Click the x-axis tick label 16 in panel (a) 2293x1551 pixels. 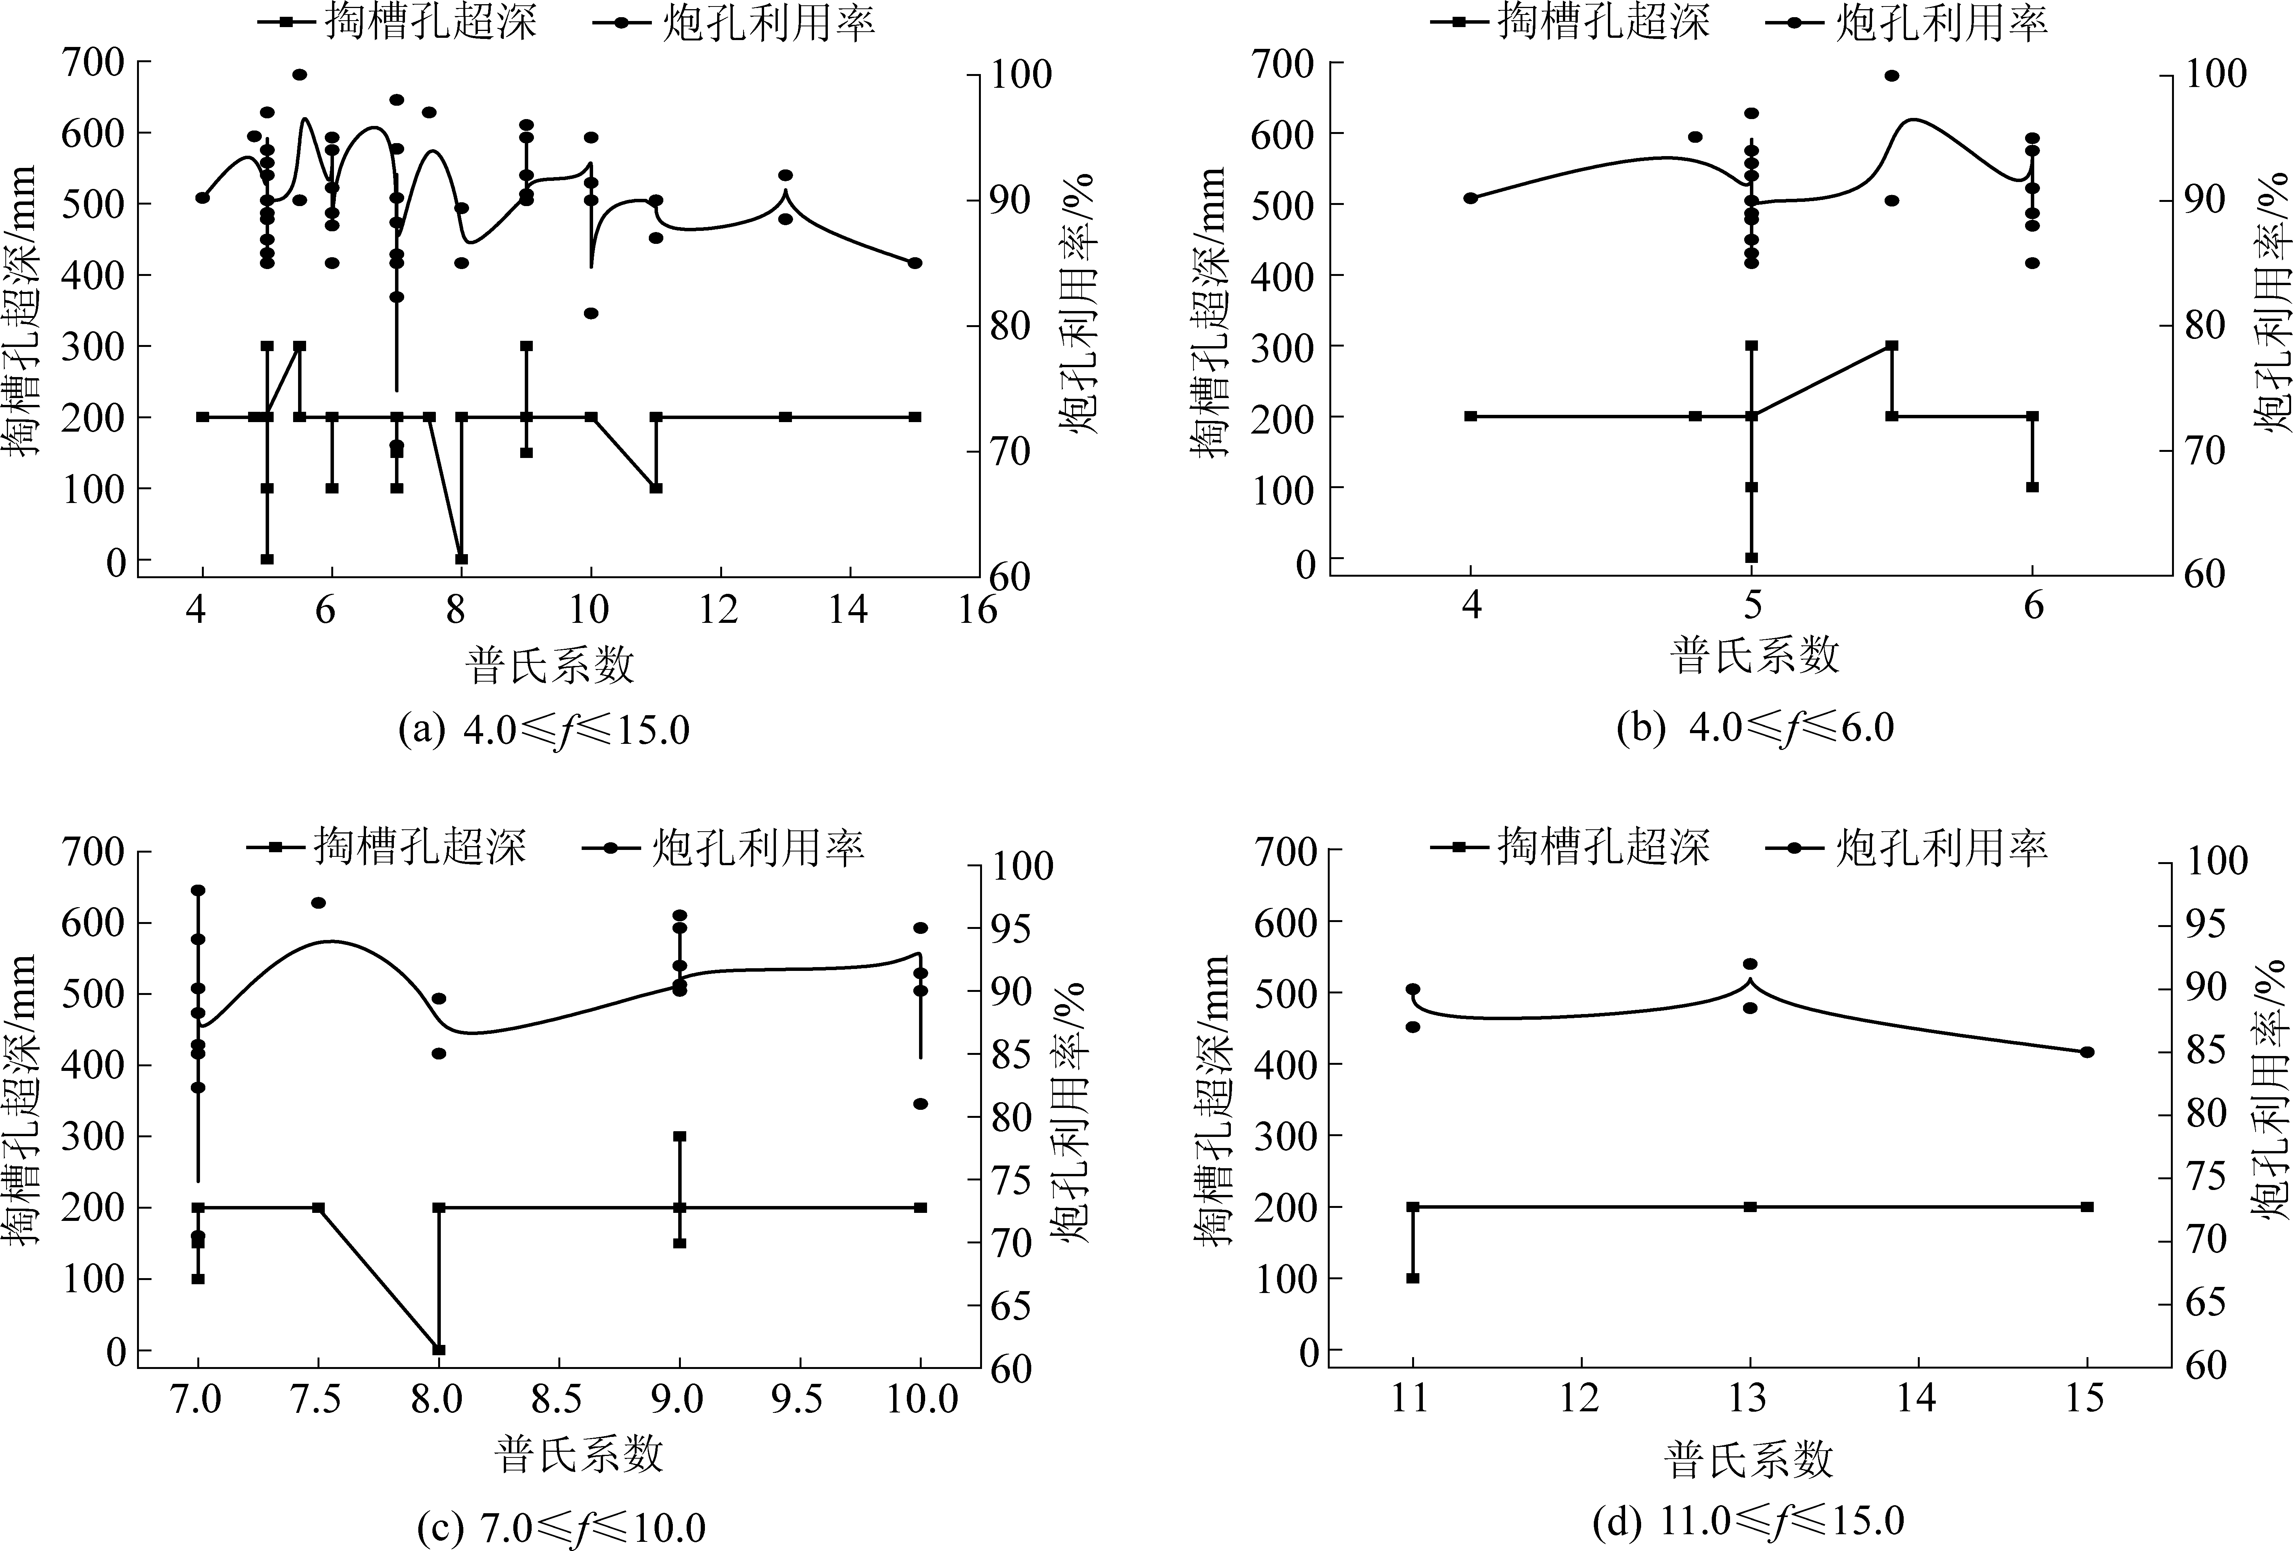[977, 611]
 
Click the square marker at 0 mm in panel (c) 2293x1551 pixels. [439, 1350]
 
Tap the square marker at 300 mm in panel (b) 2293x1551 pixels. [1891, 345]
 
